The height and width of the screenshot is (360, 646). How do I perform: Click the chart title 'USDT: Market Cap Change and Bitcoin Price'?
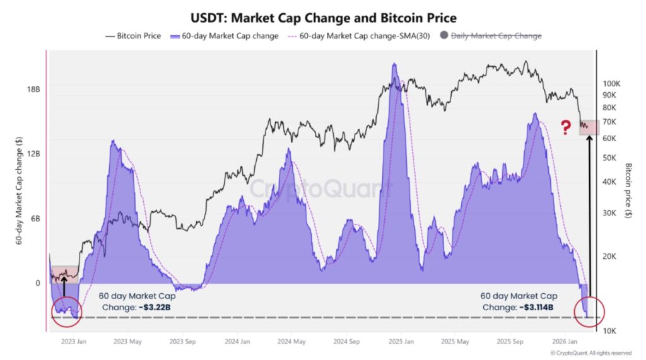(x=324, y=18)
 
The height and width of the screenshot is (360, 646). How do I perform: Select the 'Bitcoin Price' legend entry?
(x=133, y=36)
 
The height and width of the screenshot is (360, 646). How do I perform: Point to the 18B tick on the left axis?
(x=33, y=90)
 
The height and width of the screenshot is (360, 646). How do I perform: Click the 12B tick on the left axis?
(x=33, y=154)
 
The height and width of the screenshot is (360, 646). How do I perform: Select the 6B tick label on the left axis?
(x=35, y=218)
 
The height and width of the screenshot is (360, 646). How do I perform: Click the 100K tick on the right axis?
(x=613, y=83)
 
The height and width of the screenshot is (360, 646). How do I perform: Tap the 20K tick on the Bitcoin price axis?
(x=611, y=257)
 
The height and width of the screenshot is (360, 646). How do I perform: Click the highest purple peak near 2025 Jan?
(x=394, y=64)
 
